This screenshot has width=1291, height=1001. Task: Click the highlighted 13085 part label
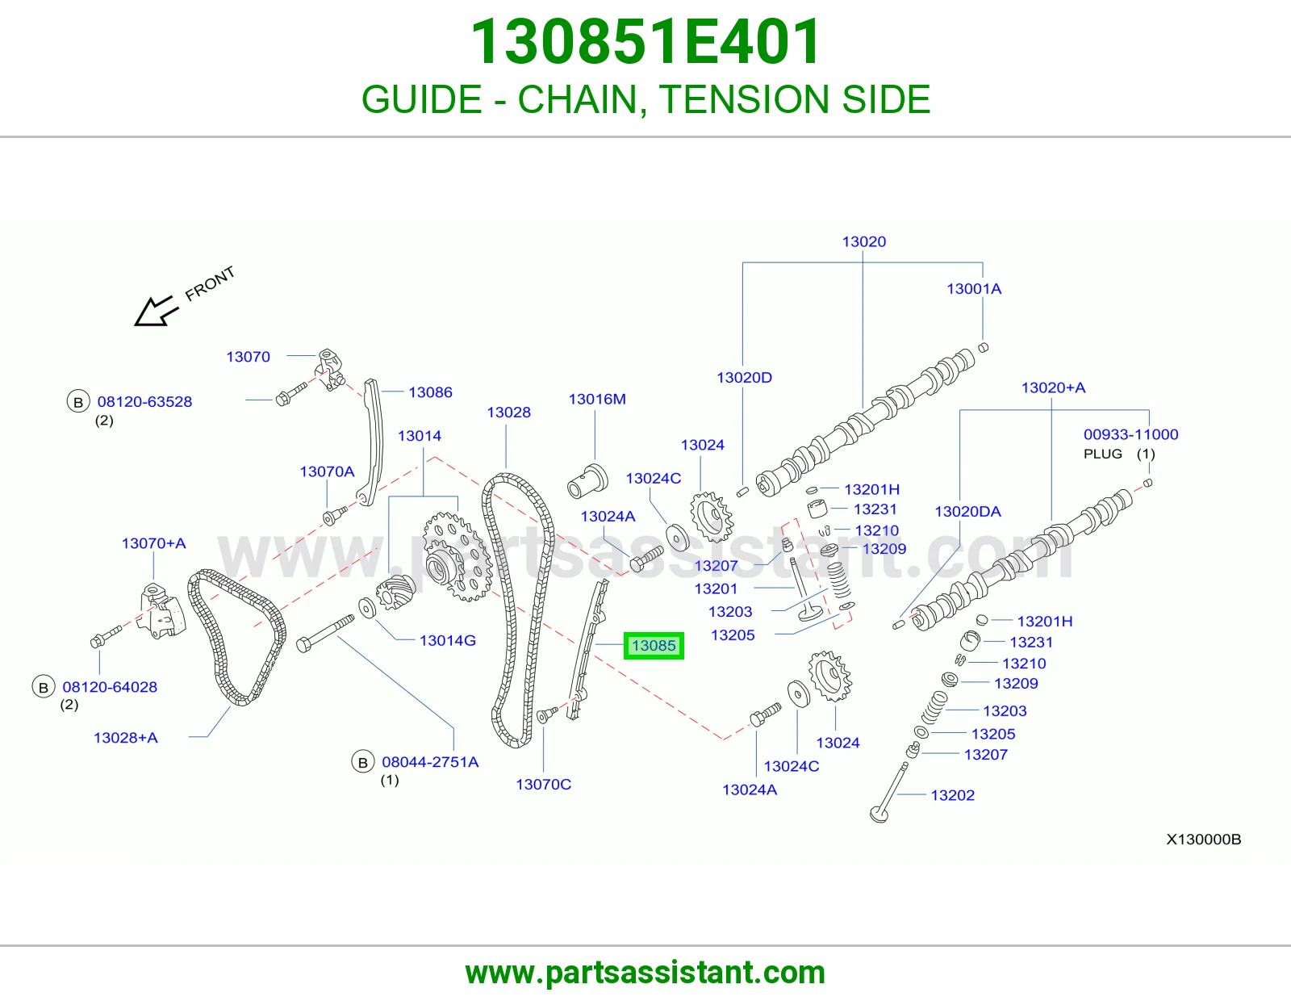[x=654, y=646]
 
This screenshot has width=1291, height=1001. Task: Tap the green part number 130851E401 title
[x=645, y=42]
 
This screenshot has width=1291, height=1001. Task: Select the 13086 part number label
[x=430, y=392]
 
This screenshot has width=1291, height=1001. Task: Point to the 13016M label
[x=597, y=399]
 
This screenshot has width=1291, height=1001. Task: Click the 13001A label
[x=974, y=289]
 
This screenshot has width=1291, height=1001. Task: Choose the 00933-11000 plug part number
[x=1130, y=434]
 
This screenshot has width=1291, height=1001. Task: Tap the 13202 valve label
[x=952, y=795]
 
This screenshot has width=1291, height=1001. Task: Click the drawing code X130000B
[x=1203, y=840]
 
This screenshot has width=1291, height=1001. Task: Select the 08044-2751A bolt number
[x=430, y=762]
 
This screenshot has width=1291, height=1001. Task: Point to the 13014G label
[x=447, y=640]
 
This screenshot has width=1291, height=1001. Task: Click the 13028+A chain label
[x=125, y=738]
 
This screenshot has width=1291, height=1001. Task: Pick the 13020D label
[x=744, y=378]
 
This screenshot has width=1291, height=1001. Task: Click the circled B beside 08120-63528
[x=77, y=403]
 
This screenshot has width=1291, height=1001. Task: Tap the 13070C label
[x=543, y=785]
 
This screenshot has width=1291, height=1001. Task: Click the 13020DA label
[x=967, y=511]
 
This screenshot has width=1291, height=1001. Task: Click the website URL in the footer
[x=645, y=973]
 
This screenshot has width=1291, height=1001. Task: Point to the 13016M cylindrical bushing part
[x=587, y=481]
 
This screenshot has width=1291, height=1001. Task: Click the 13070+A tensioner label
[x=153, y=543]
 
